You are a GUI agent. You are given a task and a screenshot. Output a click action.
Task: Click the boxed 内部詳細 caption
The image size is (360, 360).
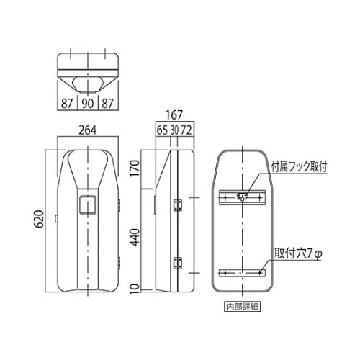[x=241, y=305]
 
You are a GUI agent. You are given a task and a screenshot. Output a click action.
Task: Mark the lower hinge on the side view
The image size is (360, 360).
[x=178, y=263]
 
